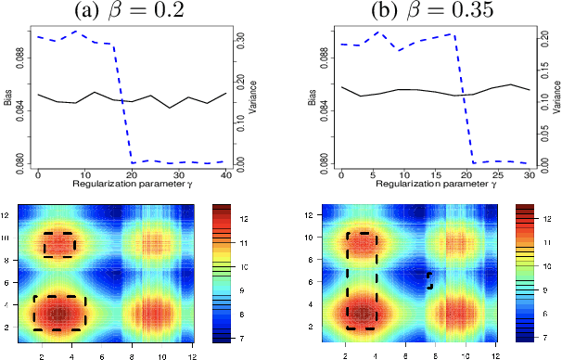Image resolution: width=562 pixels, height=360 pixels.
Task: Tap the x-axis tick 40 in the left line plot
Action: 225,174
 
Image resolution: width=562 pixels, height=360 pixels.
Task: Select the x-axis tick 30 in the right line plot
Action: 529,174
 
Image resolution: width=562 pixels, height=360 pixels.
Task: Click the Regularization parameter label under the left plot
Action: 131,186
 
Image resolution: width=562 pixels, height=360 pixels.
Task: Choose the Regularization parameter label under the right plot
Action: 435,186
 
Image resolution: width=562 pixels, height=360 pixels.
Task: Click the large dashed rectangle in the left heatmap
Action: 58,314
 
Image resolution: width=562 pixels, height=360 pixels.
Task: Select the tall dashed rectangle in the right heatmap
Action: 362,280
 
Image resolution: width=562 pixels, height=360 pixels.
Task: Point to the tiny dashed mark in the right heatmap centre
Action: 430,279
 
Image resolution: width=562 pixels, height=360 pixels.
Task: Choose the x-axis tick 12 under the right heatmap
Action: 496,354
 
